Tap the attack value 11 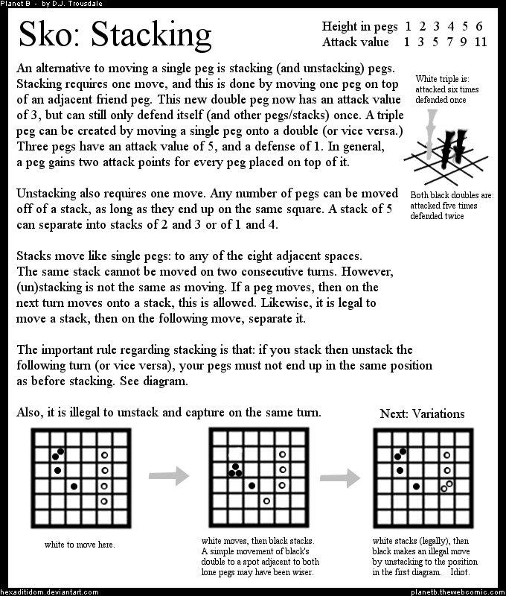click(x=480, y=41)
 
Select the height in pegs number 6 click(x=479, y=25)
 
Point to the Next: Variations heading click(x=422, y=414)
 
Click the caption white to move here click(x=80, y=545)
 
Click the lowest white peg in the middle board click(x=266, y=501)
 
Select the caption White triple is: click(x=443, y=78)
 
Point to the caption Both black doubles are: click(x=451, y=196)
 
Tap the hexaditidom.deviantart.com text click(x=50, y=591)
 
